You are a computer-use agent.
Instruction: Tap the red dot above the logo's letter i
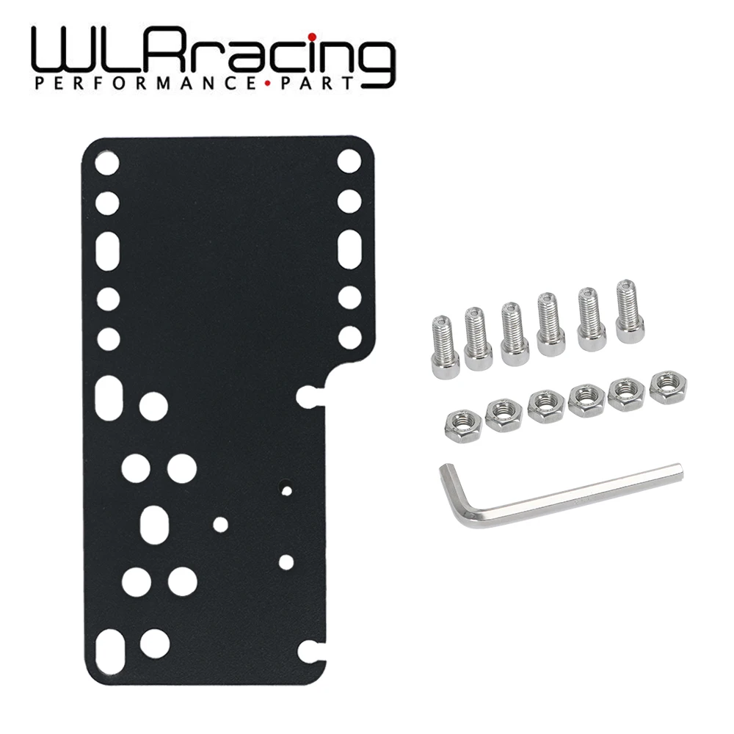pos(311,36)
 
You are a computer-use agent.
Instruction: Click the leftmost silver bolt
pos(445,346)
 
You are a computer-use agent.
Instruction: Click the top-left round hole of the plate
pos(107,162)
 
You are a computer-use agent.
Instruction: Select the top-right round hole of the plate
pos(349,161)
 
